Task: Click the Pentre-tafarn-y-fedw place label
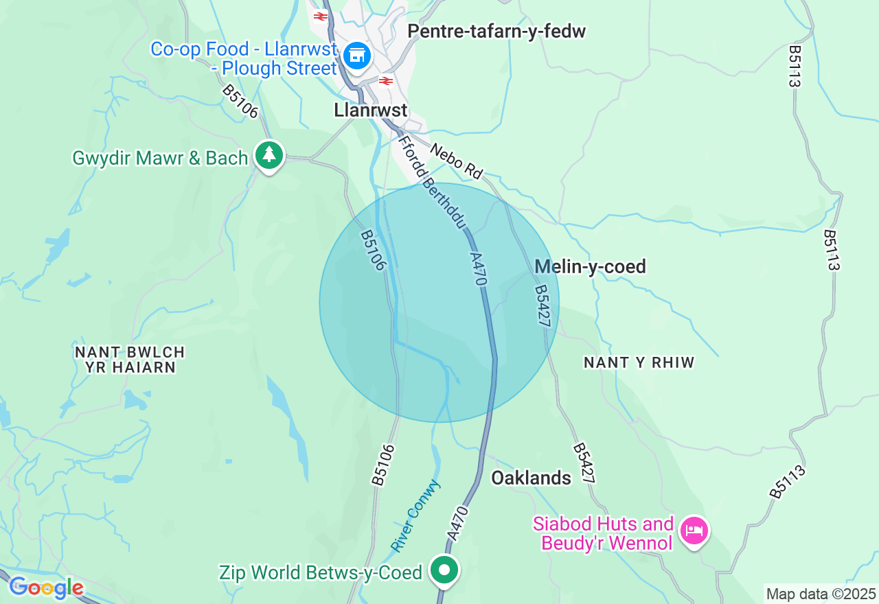[496, 32]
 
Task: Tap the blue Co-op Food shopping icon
[357, 55]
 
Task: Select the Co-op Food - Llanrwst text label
[244, 58]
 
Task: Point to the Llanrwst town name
[370, 111]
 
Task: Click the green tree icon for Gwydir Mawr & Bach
[269, 155]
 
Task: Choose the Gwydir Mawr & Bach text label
[160, 158]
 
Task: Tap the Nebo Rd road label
[457, 161]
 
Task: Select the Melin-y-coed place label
[590, 266]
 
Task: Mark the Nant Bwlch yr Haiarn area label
[130, 360]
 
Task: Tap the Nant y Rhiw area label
[639, 362]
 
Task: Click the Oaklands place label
[531, 478]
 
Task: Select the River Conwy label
[416, 515]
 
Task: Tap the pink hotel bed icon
[694, 531]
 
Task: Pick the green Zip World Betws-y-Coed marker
[444, 570]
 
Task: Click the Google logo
[46, 588]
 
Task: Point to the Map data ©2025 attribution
[821, 594]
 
